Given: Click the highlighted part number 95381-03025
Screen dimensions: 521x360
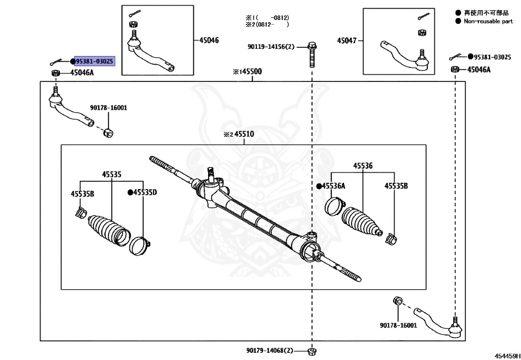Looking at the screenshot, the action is [95, 61].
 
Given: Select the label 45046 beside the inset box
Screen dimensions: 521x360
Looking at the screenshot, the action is [209, 40].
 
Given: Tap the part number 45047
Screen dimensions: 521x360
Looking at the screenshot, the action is [347, 41].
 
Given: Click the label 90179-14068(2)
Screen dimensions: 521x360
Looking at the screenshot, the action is [270, 350].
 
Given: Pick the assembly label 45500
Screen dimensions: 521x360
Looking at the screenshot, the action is [251, 71].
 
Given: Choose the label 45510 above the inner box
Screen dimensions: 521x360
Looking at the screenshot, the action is [244, 134].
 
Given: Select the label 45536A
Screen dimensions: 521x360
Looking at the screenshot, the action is [334, 186].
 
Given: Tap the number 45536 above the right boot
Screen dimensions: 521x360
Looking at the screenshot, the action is [363, 165].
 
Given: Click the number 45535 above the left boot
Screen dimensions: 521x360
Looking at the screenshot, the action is [111, 174].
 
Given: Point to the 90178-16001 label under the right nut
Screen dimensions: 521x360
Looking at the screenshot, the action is [398, 325].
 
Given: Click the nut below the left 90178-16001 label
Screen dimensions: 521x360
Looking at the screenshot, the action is [108, 132].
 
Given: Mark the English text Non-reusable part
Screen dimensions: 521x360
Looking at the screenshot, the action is [488, 21].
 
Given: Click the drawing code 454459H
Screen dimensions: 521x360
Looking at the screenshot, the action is [507, 356].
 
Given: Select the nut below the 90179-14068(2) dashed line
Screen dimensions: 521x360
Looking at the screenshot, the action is [312, 351].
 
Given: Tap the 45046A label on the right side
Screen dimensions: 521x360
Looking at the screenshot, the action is [479, 69].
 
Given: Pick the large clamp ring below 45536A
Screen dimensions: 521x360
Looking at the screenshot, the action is [335, 206].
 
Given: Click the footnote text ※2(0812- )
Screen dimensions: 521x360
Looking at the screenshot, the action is [267, 24].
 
